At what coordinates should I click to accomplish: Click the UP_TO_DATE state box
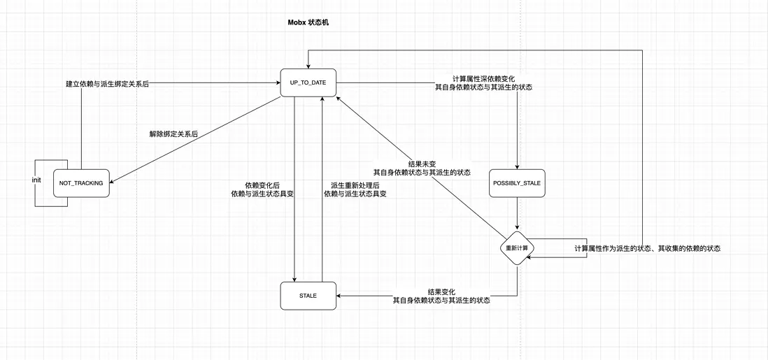coord(308,83)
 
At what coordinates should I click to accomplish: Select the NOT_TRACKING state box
coord(81,183)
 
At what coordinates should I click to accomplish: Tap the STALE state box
coord(308,296)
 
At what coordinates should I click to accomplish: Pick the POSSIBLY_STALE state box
coord(517,183)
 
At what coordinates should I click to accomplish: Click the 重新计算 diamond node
coord(517,247)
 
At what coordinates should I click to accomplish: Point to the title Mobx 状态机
coord(308,22)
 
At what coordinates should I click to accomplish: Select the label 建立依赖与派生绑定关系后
coord(107,83)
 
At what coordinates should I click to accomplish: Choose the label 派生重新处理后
coord(355,185)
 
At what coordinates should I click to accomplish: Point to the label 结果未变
coord(422,163)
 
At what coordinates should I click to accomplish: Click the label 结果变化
coord(441,291)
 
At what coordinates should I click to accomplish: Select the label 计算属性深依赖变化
coord(483,78)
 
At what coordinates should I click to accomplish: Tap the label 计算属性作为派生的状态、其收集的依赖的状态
coord(647,248)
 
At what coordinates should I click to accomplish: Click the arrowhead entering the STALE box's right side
coord(339,296)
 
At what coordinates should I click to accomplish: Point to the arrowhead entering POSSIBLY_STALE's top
coord(517,166)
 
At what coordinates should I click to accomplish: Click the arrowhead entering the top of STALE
coord(294,279)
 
